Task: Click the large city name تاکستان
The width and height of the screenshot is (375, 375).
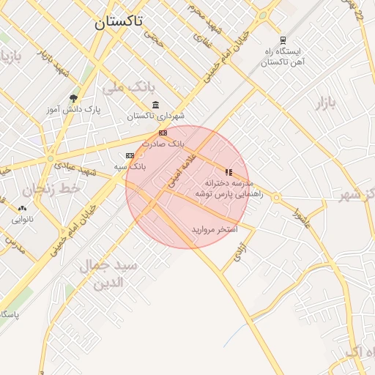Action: coord(119,22)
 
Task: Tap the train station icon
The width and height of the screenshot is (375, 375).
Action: coord(283,40)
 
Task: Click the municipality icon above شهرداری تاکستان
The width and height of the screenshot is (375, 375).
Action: coord(155,105)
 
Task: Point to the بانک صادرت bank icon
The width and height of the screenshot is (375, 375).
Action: coord(163,133)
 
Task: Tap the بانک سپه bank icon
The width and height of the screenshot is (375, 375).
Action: coord(130,155)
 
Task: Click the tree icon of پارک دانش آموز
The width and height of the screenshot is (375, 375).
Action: coord(73,98)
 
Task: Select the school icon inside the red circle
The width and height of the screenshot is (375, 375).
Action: coord(229,172)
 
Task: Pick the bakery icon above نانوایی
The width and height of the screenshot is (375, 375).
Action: coord(22,208)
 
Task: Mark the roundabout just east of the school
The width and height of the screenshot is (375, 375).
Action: coord(276,197)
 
